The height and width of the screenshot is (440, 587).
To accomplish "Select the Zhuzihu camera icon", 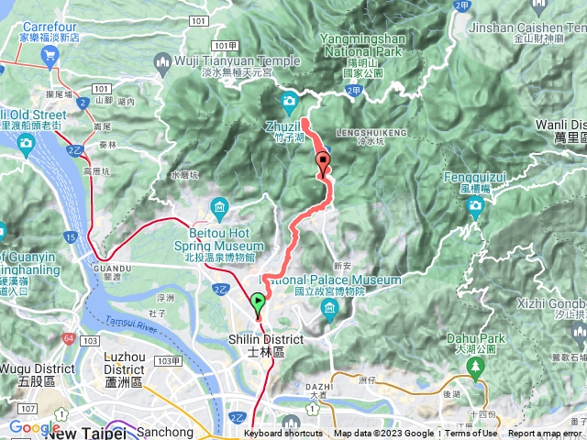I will (289, 101).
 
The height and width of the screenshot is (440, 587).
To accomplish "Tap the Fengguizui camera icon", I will (475, 204).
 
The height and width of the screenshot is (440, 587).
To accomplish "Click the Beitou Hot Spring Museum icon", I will (219, 210).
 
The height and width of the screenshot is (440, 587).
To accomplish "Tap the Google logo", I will (34, 427).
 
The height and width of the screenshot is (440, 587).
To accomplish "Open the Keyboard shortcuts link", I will (283, 434).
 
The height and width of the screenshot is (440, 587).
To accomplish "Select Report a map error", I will (546, 434).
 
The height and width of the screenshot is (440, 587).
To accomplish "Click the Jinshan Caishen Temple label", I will (526, 28).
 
